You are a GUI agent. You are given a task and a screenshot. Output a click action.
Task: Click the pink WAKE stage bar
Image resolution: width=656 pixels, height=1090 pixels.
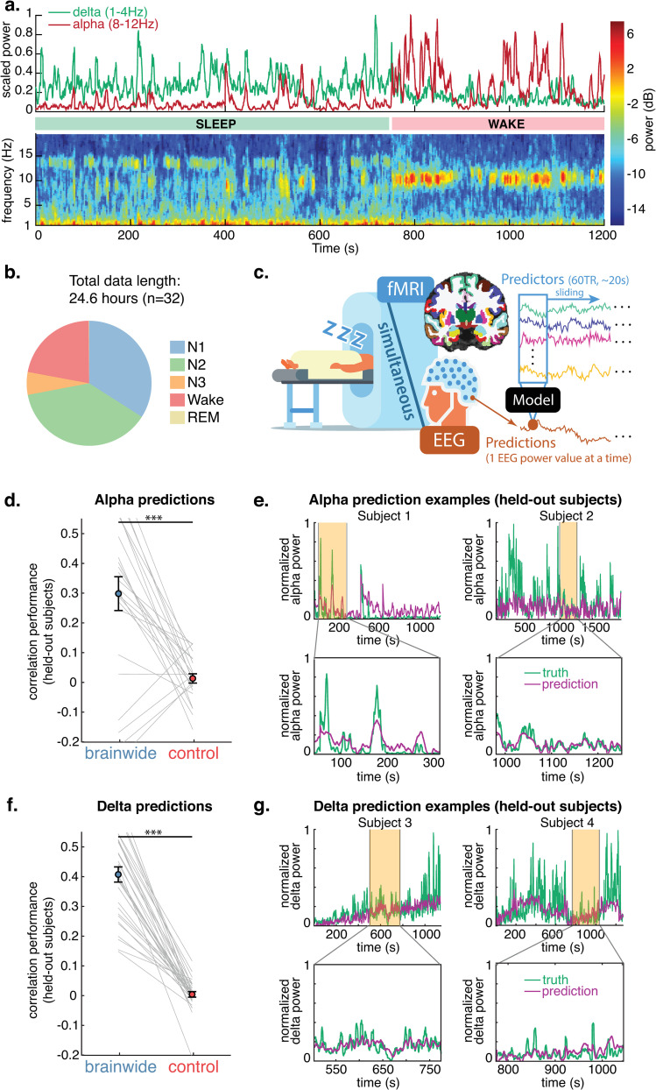click(x=497, y=124)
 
